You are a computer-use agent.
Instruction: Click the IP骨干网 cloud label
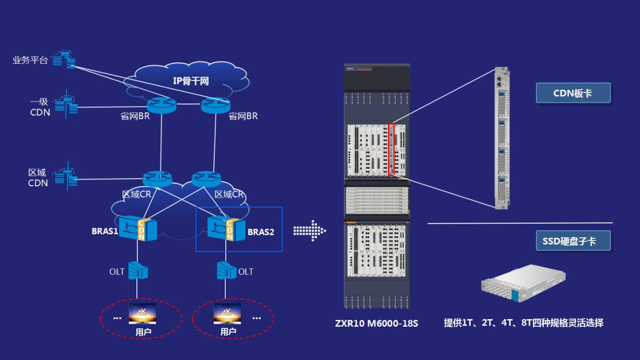point(191,81)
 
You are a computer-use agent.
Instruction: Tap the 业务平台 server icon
point(64,60)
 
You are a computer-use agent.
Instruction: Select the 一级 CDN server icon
point(66,105)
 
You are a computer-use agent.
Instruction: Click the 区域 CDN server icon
point(66,176)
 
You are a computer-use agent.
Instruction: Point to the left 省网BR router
point(162,105)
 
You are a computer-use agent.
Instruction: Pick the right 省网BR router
point(215,105)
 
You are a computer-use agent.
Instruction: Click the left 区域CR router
point(158,179)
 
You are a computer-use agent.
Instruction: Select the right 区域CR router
point(206,179)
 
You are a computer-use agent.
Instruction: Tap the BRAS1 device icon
point(138,228)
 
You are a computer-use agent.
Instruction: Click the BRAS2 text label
point(261,232)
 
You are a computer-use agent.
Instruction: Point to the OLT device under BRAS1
point(138,270)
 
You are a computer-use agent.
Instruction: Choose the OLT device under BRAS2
point(227,270)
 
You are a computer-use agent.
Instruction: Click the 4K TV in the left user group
point(142,314)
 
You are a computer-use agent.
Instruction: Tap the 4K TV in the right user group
point(227,314)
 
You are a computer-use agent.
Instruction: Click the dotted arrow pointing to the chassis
point(310,231)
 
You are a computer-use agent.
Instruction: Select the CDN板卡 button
point(573,93)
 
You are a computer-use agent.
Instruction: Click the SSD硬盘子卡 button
point(573,241)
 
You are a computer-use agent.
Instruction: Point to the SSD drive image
point(523,283)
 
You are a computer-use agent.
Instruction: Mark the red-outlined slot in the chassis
point(391,149)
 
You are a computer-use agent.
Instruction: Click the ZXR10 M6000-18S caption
point(376,324)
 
